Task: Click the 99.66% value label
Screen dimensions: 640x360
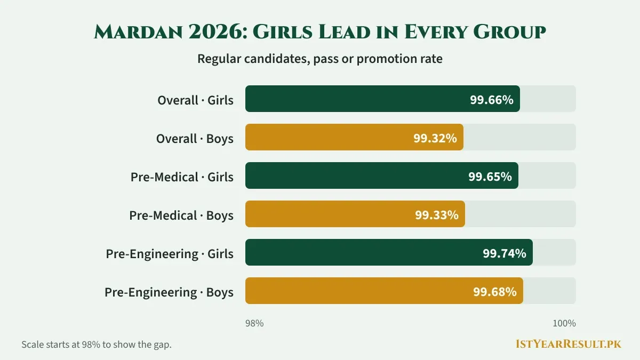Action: pyautogui.click(x=491, y=100)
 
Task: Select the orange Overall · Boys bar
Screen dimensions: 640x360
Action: pyautogui.click(x=354, y=137)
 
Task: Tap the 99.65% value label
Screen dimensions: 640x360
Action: pyautogui.click(x=490, y=177)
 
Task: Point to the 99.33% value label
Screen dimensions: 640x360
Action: pyautogui.click(x=437, y=215)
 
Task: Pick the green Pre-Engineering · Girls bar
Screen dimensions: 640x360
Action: pyautogui.click(x=389, y=252)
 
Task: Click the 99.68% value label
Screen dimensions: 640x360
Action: pyautogui.click(x=495, y=292)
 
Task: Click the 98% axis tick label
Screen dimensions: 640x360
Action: pyautogui.click(x=254, y=323)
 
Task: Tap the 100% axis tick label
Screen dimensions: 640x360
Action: pyautogui.click(x=564, y=323)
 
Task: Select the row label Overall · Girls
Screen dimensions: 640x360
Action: pyautogui.click(x=195, y=100)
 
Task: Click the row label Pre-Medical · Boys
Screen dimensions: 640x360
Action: pyautogui.click(x=181, y=215)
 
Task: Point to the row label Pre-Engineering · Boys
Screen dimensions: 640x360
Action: pyautogui.click(x=169, y=292)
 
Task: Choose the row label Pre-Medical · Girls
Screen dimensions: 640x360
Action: pyautogui.click(x=182, y=177)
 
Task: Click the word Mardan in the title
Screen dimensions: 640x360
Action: pyautogui.click(x=138, y=31)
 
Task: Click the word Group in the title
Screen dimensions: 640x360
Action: pyautogui.click(x=509, y=31)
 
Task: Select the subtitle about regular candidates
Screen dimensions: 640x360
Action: pyautogui.click(x=320, y=59)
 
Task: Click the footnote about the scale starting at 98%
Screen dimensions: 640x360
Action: pyautogui.click(x=97, y=345)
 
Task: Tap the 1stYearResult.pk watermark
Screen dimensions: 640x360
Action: pyautogui.click(x=569, y=343)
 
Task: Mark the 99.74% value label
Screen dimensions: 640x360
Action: pyautogui.click(x=505, y=253)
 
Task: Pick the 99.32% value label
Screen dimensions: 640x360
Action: pyautogui.click(x=435, y=138)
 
